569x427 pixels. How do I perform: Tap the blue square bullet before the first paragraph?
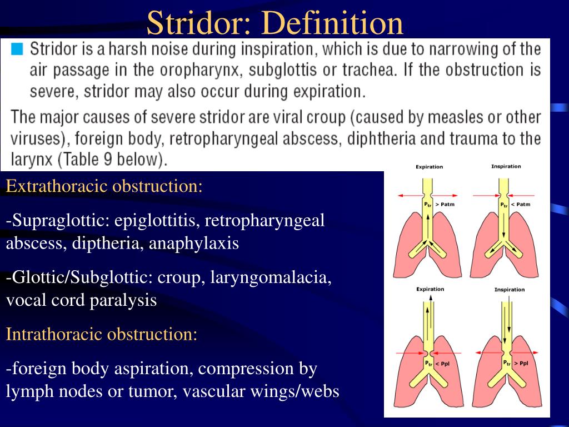click(17, 49)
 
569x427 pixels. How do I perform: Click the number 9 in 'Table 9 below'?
click(108, 160)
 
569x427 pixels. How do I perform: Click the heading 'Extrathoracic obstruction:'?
click(104, 186)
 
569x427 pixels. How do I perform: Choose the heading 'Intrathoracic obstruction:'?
click(102, 334)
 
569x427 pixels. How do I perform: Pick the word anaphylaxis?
click(194, 244)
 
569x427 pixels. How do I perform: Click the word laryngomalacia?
click(271, 278)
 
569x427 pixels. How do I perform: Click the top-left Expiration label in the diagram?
click(430, 167)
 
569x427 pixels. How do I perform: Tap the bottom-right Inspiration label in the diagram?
click(510, 289)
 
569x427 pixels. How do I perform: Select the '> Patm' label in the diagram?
click(445, 205)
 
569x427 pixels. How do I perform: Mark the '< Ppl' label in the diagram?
click(442, 364)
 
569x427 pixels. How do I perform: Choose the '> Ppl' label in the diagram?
click(521, 363)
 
